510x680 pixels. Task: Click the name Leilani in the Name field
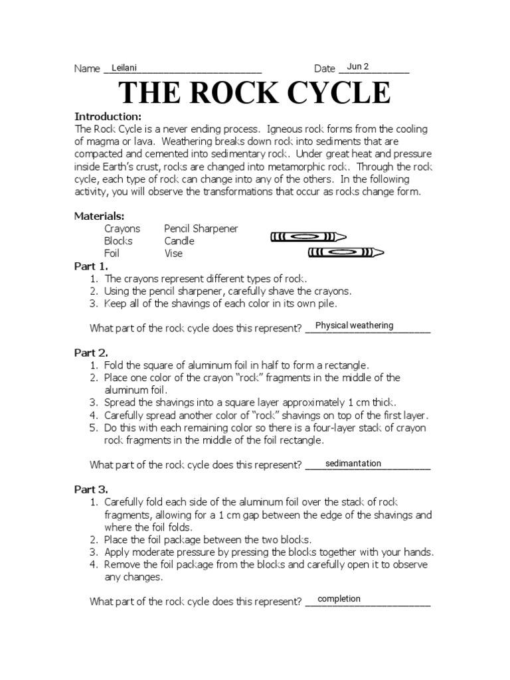[124, 67]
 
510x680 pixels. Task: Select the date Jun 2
[357, 66]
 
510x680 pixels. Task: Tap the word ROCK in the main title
[228, 93]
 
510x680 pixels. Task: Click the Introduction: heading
[108, 116]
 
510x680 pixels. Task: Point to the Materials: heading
[99, 216]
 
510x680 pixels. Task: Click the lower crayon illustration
[346, 252]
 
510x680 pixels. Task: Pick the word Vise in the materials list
[173, 253]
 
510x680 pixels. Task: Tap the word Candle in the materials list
[179, 240]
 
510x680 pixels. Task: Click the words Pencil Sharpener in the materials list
[201, 228]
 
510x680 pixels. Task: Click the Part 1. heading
[91, 266]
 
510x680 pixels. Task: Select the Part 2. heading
[91, 353]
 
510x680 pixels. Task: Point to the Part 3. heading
[91, 489]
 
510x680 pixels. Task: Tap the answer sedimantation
[353, 464]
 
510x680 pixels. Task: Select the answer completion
[339, 599]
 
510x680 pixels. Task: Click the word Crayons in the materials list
[122, 228]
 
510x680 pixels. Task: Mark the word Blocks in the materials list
[118, 240]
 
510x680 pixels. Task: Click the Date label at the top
[324, 69]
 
